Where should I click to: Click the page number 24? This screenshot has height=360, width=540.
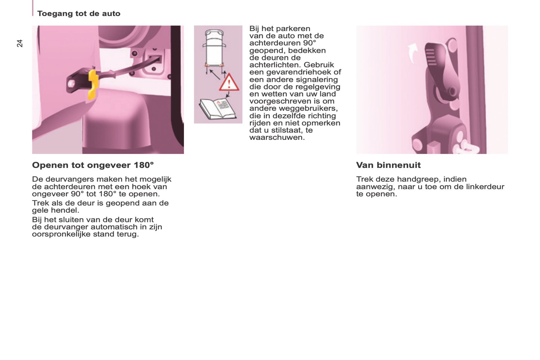(20, 43)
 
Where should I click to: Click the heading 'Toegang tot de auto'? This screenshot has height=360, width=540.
(78, 13)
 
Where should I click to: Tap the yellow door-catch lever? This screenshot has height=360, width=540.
(93, 84)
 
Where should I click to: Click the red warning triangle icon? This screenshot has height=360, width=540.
(229, 83)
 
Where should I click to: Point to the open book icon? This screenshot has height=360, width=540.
(217, 108)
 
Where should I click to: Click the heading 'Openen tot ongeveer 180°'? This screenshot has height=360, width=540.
(93, 165)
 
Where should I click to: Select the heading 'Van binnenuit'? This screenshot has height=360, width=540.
(388, 165)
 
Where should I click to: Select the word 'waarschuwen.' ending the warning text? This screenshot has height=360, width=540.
(277, 138)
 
